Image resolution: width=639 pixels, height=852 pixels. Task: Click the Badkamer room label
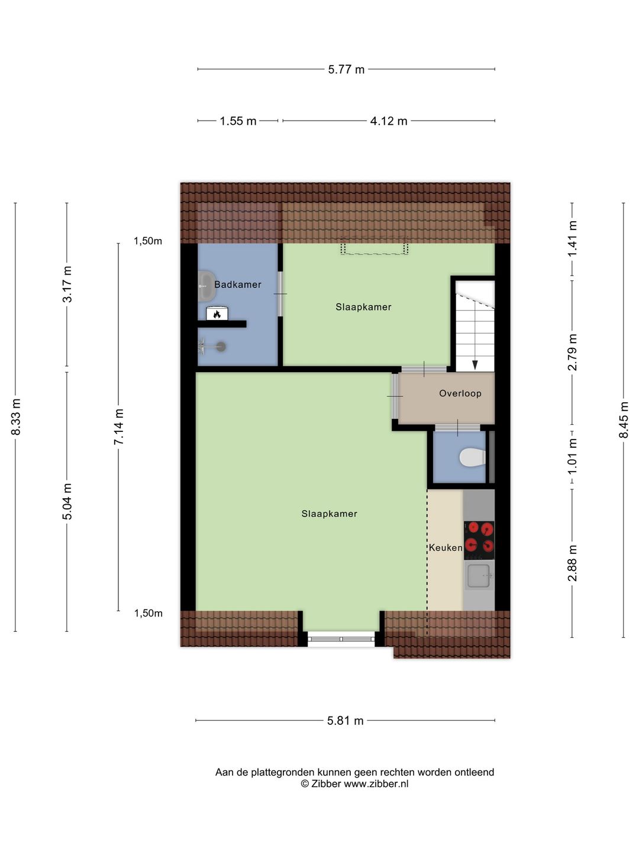(237, 285)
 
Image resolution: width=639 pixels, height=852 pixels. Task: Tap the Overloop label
(460, 393)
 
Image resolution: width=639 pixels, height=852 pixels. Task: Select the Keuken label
(445, 548)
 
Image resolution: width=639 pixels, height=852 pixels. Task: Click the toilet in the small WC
(472, 457)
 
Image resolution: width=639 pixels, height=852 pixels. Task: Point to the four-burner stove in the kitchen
(479, 537)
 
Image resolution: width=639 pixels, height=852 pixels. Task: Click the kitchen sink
(479, 576)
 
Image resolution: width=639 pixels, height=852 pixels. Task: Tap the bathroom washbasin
(206, 286)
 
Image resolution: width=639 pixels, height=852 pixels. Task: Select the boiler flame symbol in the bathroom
(217, 314)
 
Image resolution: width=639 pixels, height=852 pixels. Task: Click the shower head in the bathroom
(220, 347)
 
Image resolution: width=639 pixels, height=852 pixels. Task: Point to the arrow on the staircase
(475, 364)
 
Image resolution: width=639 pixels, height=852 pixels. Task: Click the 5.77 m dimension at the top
(346, 70)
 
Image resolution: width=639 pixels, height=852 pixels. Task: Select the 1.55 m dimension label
(238, 121)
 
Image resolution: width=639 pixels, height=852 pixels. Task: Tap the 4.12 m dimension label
(389, 121)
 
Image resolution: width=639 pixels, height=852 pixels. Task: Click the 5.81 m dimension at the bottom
(346, 721)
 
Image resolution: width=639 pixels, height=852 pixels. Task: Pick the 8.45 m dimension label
(624, 420)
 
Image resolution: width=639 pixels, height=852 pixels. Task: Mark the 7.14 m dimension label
(119, 427)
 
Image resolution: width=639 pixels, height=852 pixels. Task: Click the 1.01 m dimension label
(572, 456)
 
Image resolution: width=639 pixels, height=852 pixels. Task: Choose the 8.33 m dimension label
(16, 417)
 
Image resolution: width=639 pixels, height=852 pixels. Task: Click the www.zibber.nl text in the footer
(376, 784)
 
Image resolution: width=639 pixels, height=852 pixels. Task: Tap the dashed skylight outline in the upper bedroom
(374, 247)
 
